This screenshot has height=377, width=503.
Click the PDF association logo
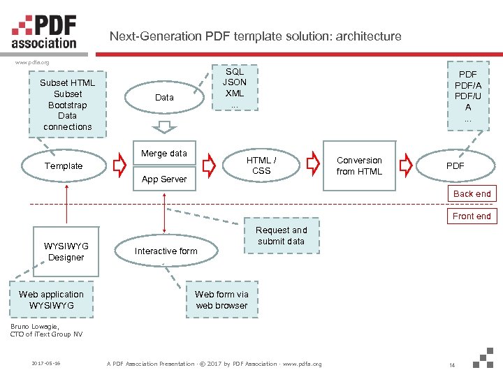click(x=44, y=31)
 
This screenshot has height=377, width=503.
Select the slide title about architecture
click(x=256, y=36)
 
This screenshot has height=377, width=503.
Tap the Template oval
click(x=64, y=166)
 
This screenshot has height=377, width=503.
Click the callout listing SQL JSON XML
click(x=235, y=88)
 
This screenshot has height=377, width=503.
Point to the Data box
click(x=164, y=98)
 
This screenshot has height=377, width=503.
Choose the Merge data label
click(x=164, y=154)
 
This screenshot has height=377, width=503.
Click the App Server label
click(x=164, y=179)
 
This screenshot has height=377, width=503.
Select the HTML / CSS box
click(x=261, y=165)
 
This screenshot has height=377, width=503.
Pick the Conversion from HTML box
click(x=359, y=165)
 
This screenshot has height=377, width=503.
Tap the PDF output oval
click(x=455, y=166)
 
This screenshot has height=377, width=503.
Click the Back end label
click(x=472, y=194)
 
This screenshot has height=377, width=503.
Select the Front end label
click(x=472, y=216)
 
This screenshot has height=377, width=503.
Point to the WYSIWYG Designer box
click(x=66, y=251)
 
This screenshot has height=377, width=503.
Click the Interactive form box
click(x=166, y=251)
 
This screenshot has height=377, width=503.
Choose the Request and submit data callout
click(x=281, y=236)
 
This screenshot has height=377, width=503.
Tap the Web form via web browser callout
click(x=221, y=300)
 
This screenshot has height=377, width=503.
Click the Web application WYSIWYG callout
click(x=51, y=300)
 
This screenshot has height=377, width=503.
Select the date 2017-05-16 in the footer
click(x=46, y=364)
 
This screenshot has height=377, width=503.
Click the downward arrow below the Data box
click(x=165, y=126)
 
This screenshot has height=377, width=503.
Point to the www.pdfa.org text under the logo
click(x=32, y=63)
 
